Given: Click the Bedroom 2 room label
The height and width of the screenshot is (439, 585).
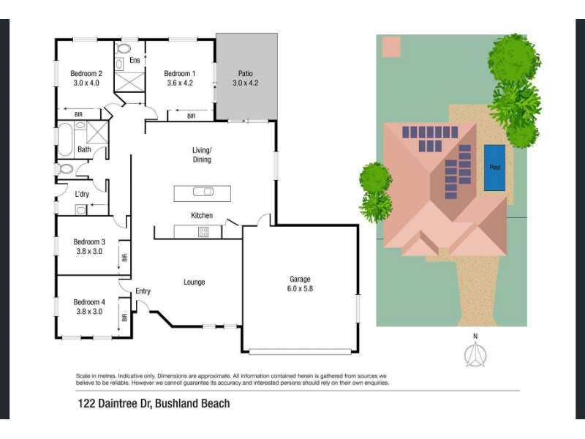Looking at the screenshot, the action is point(86,74).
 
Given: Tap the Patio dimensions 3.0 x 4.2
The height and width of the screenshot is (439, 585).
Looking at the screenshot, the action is point(246,83).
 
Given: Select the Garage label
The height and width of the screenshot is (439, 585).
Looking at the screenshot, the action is point(300,279).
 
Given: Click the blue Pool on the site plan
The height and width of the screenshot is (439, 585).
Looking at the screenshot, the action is point(495,168).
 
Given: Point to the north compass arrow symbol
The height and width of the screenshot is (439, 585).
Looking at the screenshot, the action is point(475,355).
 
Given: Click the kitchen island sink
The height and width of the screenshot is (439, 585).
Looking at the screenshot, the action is point(203,192).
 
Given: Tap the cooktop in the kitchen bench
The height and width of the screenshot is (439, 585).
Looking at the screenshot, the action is point(203,232).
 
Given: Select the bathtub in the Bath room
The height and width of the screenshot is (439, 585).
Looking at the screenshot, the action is point(65,139).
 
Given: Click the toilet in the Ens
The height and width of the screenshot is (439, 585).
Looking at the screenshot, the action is point(123,48).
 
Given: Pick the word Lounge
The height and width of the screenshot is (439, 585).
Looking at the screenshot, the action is point(194,282).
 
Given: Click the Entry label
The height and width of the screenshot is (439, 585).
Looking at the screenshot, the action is point(143,291).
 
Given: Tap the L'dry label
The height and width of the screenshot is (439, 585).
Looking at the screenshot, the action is point(82,194).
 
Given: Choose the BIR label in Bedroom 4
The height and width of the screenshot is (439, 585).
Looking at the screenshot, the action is point(124,318).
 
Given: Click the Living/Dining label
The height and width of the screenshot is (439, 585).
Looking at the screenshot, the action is point(202,155).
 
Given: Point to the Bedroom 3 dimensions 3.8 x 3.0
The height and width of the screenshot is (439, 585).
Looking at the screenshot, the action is point(89,251).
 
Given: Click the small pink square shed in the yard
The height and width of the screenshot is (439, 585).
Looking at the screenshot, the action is point(391,47).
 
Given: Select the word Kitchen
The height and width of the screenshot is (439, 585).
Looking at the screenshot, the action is point(202,215).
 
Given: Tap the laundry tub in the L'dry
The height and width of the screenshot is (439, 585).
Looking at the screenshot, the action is point(80,210).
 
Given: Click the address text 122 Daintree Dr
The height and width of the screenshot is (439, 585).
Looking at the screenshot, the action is point(114,404).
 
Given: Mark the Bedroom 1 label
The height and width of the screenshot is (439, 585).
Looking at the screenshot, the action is point(179,74).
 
